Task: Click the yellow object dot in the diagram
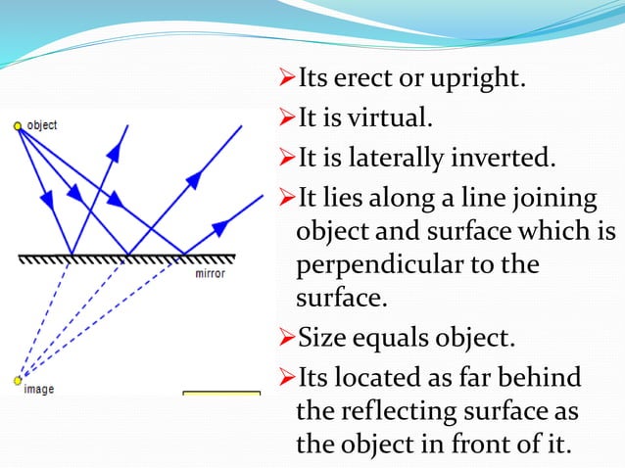click(x=18, y=125)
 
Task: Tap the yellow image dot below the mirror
click(x=18, y=379)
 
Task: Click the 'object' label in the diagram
click(x=42, y=125)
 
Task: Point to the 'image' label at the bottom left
click(x=39, y=390)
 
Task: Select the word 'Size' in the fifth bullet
click(x=318, y=341)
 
